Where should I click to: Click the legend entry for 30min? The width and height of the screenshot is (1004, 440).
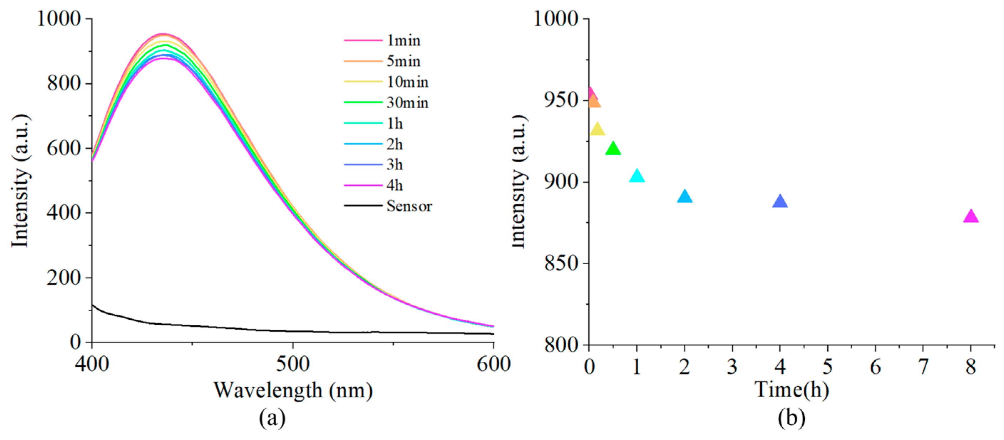coord(407,103)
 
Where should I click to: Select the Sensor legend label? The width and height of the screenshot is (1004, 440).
coord(409,206)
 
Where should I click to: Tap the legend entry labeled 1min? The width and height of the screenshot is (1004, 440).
coord(403,41)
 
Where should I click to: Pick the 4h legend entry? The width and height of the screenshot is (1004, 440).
coord(395,185)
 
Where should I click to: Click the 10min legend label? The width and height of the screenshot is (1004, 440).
coord(407,82)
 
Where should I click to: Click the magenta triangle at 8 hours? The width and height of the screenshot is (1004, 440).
coord(970,216)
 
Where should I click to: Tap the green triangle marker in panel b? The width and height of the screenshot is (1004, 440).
coord(613,149)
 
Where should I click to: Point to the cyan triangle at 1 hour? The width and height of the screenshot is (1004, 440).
coord(637,176)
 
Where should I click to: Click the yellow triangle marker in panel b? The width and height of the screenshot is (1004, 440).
coord(597,130)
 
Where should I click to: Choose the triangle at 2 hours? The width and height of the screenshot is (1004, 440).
coord(685,197)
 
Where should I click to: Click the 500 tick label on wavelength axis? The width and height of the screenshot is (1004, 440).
coord(293,364)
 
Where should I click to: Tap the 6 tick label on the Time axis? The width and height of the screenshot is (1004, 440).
coord(875,366)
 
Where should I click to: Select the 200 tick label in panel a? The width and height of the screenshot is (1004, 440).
coord(63,278)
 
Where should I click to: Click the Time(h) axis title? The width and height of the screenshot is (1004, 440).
coord(792,389)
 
